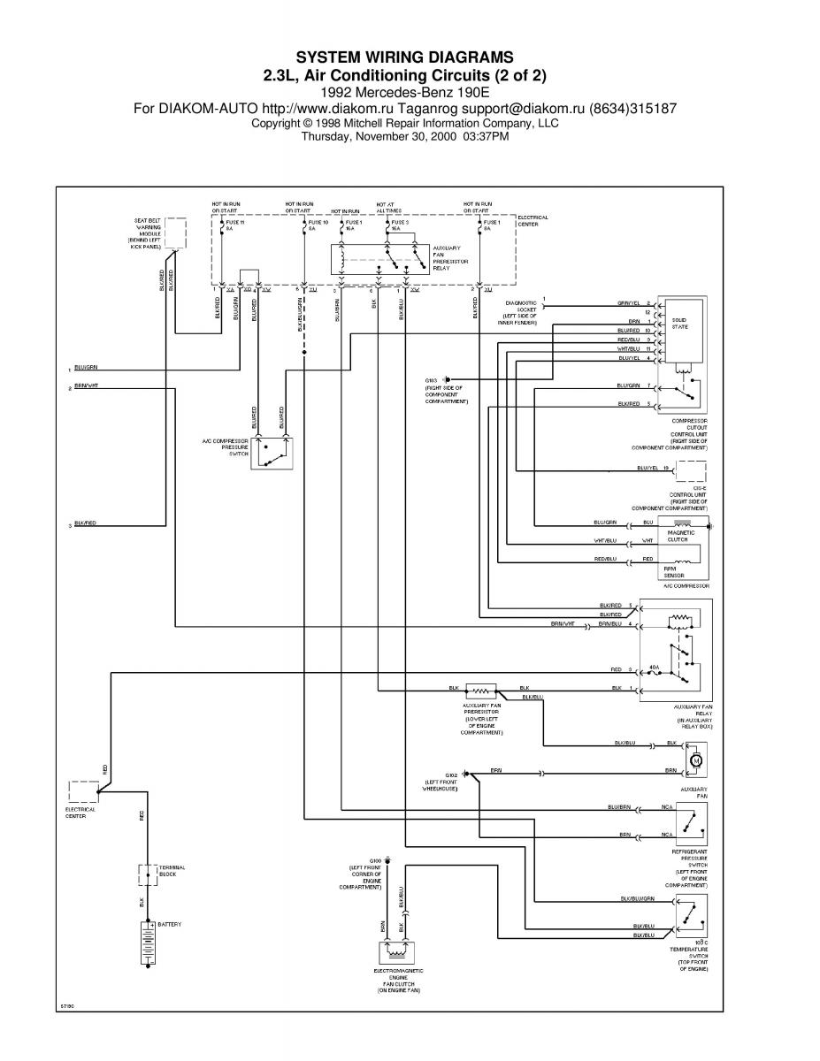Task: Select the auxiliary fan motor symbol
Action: [x=694, y=759]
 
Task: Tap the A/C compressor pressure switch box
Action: [x=271, y=452]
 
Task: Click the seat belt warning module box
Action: [x=175, y=233]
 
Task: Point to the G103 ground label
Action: [x=433, y=380]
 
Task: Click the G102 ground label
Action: [x=451, y=773]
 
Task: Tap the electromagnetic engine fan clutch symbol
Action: [x=399, y=953]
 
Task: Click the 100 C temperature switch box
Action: [x=693, y=914]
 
